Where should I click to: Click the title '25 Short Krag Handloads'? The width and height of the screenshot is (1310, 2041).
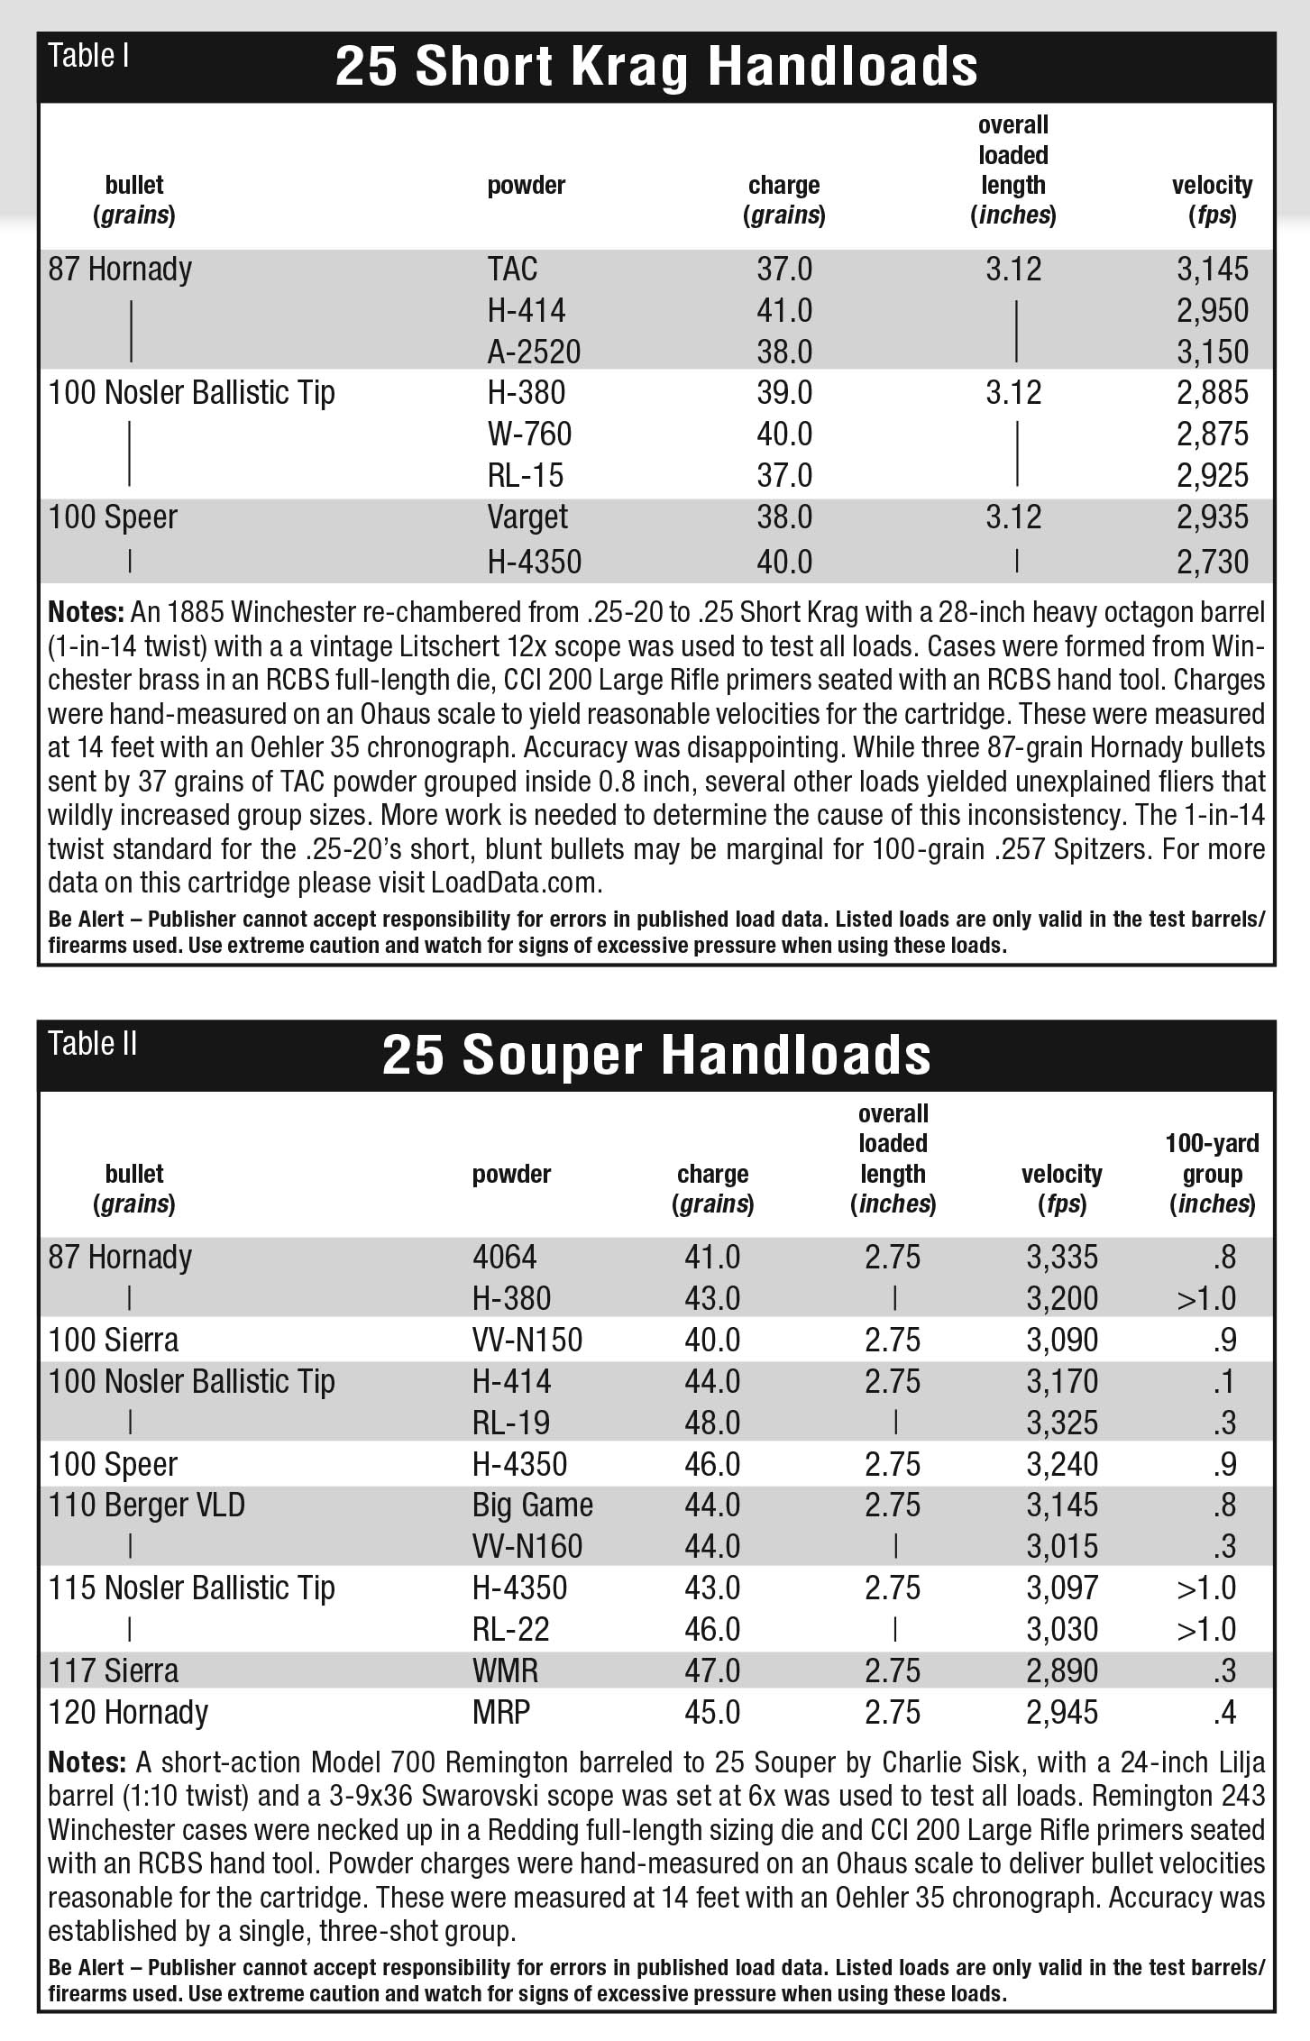[x=655, y=67]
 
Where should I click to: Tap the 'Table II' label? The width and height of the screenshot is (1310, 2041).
[x=93, y=1044]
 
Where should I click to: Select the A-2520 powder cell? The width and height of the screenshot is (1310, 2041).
[x=534, y=352]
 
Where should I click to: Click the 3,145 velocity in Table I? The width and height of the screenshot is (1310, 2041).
[x=1212, y=269]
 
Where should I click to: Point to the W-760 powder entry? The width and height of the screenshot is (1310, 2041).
[x=529, y=434]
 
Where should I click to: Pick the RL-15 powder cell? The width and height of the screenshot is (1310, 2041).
[x=525, y=475]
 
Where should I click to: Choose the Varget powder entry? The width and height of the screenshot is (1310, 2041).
[x=527, y=517]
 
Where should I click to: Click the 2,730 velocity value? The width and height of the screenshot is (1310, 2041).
[x=1212, y=562]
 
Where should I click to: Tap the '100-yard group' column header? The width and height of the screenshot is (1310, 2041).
[x=1212, y=1173]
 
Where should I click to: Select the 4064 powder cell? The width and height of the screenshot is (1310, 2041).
[x=504, y=1257]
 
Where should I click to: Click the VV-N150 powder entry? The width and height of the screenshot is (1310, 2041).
[x=527, y=1340]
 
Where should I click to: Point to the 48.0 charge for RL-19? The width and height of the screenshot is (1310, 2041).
[x=712, y=1423]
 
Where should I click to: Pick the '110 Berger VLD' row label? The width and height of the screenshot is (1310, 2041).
[x=146, y=1505]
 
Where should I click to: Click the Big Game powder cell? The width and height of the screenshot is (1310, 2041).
[x=533, y=1505]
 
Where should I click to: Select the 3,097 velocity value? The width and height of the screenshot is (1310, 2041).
[x=1062, y=1588]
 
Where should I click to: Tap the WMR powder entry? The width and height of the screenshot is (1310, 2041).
[x=505, y=1670]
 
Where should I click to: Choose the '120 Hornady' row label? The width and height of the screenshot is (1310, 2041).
[x=128, y=1712]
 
